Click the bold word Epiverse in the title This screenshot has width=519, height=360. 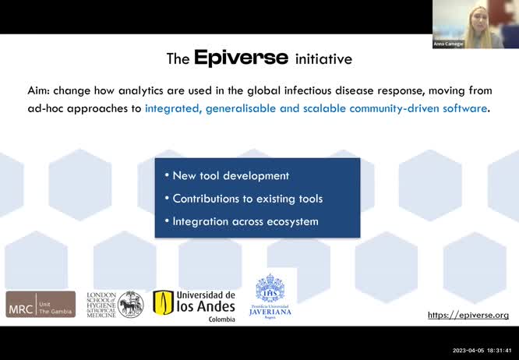(242, 58)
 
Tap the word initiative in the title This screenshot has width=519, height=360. (323, 59)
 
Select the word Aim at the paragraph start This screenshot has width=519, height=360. (39, 90)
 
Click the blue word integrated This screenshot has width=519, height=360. (172, 108)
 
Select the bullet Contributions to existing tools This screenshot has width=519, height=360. (247, 199)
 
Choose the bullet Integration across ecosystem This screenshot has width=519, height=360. (245, 221)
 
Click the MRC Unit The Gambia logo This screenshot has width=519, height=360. (41, 304)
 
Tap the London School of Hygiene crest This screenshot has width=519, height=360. (130, 304)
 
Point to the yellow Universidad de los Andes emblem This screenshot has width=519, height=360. (163, 302)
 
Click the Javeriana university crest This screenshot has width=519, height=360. (270, 288)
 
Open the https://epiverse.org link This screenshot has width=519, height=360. (468, 315)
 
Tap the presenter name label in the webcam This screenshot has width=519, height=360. (449, 44)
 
